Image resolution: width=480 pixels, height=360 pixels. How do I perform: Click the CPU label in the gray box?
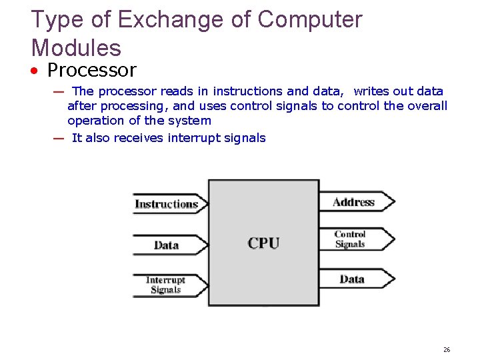click(263, 243)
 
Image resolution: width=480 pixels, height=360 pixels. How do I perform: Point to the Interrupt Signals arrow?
click(167, 285)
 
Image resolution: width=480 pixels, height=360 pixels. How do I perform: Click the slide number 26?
click(447, 349)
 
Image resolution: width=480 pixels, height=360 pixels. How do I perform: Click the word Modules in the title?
click(76, 48)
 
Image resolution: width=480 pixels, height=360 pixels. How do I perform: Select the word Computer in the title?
click(310, 20)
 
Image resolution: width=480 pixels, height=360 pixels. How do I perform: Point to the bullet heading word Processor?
click(92, 70)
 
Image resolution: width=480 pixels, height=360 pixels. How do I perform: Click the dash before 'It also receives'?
click(59, 139)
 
